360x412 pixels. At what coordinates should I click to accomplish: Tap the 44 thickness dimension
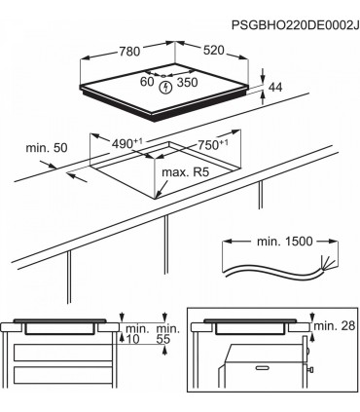click(x=278, y=89)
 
